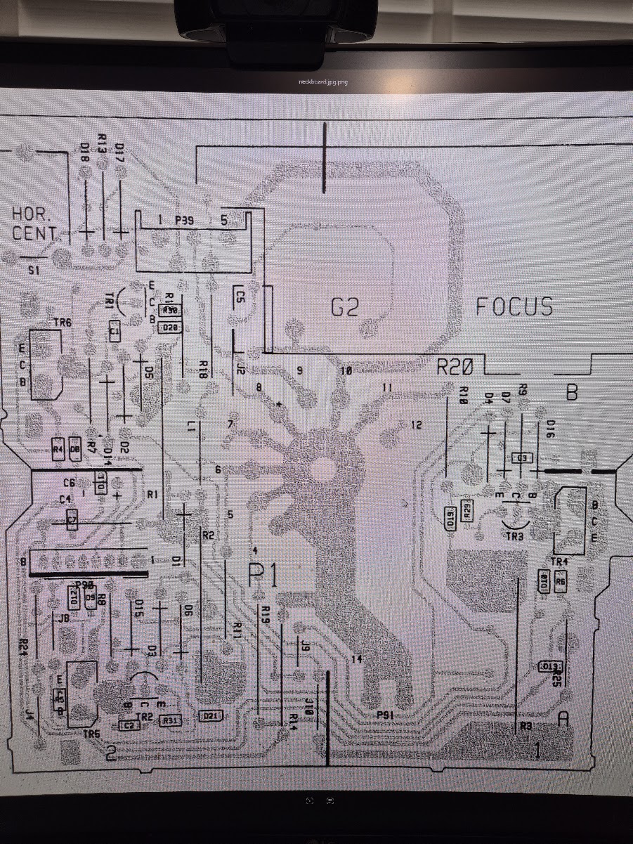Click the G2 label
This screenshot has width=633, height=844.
[345, 307]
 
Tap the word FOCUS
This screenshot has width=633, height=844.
[514, 306]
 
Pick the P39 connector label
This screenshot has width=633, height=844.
[185, 220]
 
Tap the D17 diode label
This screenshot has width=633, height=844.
[119, 153]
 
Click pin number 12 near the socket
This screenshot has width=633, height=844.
[417, 424]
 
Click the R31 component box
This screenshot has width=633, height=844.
[171, 720]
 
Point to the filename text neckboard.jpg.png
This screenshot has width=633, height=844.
[322, 82]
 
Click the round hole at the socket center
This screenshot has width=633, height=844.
[324, 466]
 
